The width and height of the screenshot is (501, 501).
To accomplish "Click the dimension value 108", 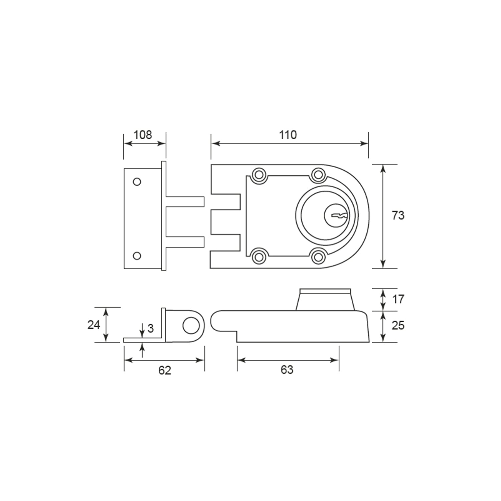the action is [x=143, y=135].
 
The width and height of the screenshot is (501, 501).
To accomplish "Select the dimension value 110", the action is [x=288, y=135].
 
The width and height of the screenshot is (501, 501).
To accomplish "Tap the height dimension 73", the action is [x=398, y=216].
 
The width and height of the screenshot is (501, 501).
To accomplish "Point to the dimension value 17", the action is [x=398, y=299].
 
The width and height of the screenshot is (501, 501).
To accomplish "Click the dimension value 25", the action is [x=398, y=325].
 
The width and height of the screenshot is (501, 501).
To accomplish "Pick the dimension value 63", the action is [x=287, y=370].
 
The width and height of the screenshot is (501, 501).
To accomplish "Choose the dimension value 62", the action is [x=165, y=370].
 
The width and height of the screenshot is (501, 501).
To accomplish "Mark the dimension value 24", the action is [x=94, y=324].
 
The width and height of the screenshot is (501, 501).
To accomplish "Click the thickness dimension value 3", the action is [x=151, y=329].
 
